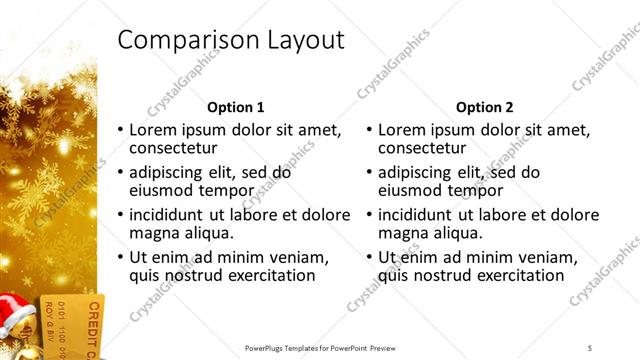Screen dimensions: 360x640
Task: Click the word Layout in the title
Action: [x=299, y=41]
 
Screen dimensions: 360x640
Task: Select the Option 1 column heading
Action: [x=235, y=107]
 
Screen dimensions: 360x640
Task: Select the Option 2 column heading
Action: [x=485, y=107]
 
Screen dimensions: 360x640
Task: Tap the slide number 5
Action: [x=590, y=347]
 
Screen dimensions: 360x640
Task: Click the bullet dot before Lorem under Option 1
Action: [x=121, y=131]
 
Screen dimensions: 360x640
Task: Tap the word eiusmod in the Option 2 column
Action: [x=413, y=190]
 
